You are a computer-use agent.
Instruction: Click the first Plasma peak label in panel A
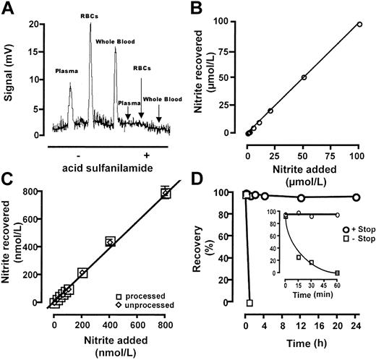pyautogui.click(x=68, y=71)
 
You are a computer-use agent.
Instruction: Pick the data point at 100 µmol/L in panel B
pyautogui.click(x=359, y=24)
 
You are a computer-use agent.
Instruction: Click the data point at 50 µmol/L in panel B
pyautogui.click(x=304, y=77)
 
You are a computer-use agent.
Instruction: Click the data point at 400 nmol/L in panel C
pyautogui.click(x=110, y=241)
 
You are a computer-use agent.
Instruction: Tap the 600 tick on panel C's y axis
pyautogui.click(x=36, y=220)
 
